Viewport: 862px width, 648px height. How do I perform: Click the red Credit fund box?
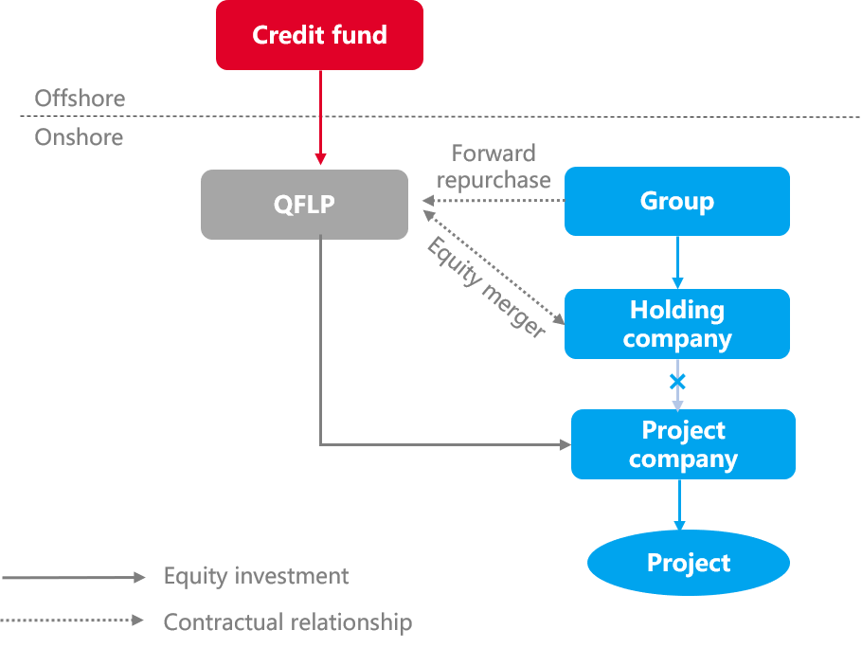[x=319, y=35]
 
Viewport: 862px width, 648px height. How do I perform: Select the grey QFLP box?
[x=304, y=205]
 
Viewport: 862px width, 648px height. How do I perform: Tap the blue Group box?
[x=676, y=201]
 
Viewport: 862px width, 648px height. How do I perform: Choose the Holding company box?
[x=676, y=324]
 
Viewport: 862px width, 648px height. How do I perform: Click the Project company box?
[x=682, y=444]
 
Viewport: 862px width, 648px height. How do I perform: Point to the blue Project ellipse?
[x=688, y=563]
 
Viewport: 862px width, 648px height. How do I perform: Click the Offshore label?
[x=80, y=99]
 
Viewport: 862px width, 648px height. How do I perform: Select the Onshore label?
[x=79, y=137]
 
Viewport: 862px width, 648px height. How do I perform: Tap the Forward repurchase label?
[x=494, y=167]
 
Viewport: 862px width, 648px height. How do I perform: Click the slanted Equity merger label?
[x=486, y=287]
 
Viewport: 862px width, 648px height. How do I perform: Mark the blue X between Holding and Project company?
[x=677, y=382]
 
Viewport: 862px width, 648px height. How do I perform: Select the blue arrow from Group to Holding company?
[x=677, y=261]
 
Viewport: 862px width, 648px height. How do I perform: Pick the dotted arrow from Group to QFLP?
[x=493, y=201]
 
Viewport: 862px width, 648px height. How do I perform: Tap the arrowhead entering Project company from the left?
[x=566, y=443]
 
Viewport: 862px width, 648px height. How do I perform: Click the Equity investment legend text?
[x=256, y=576]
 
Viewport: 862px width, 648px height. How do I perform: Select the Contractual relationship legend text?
[x=287, y=622]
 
